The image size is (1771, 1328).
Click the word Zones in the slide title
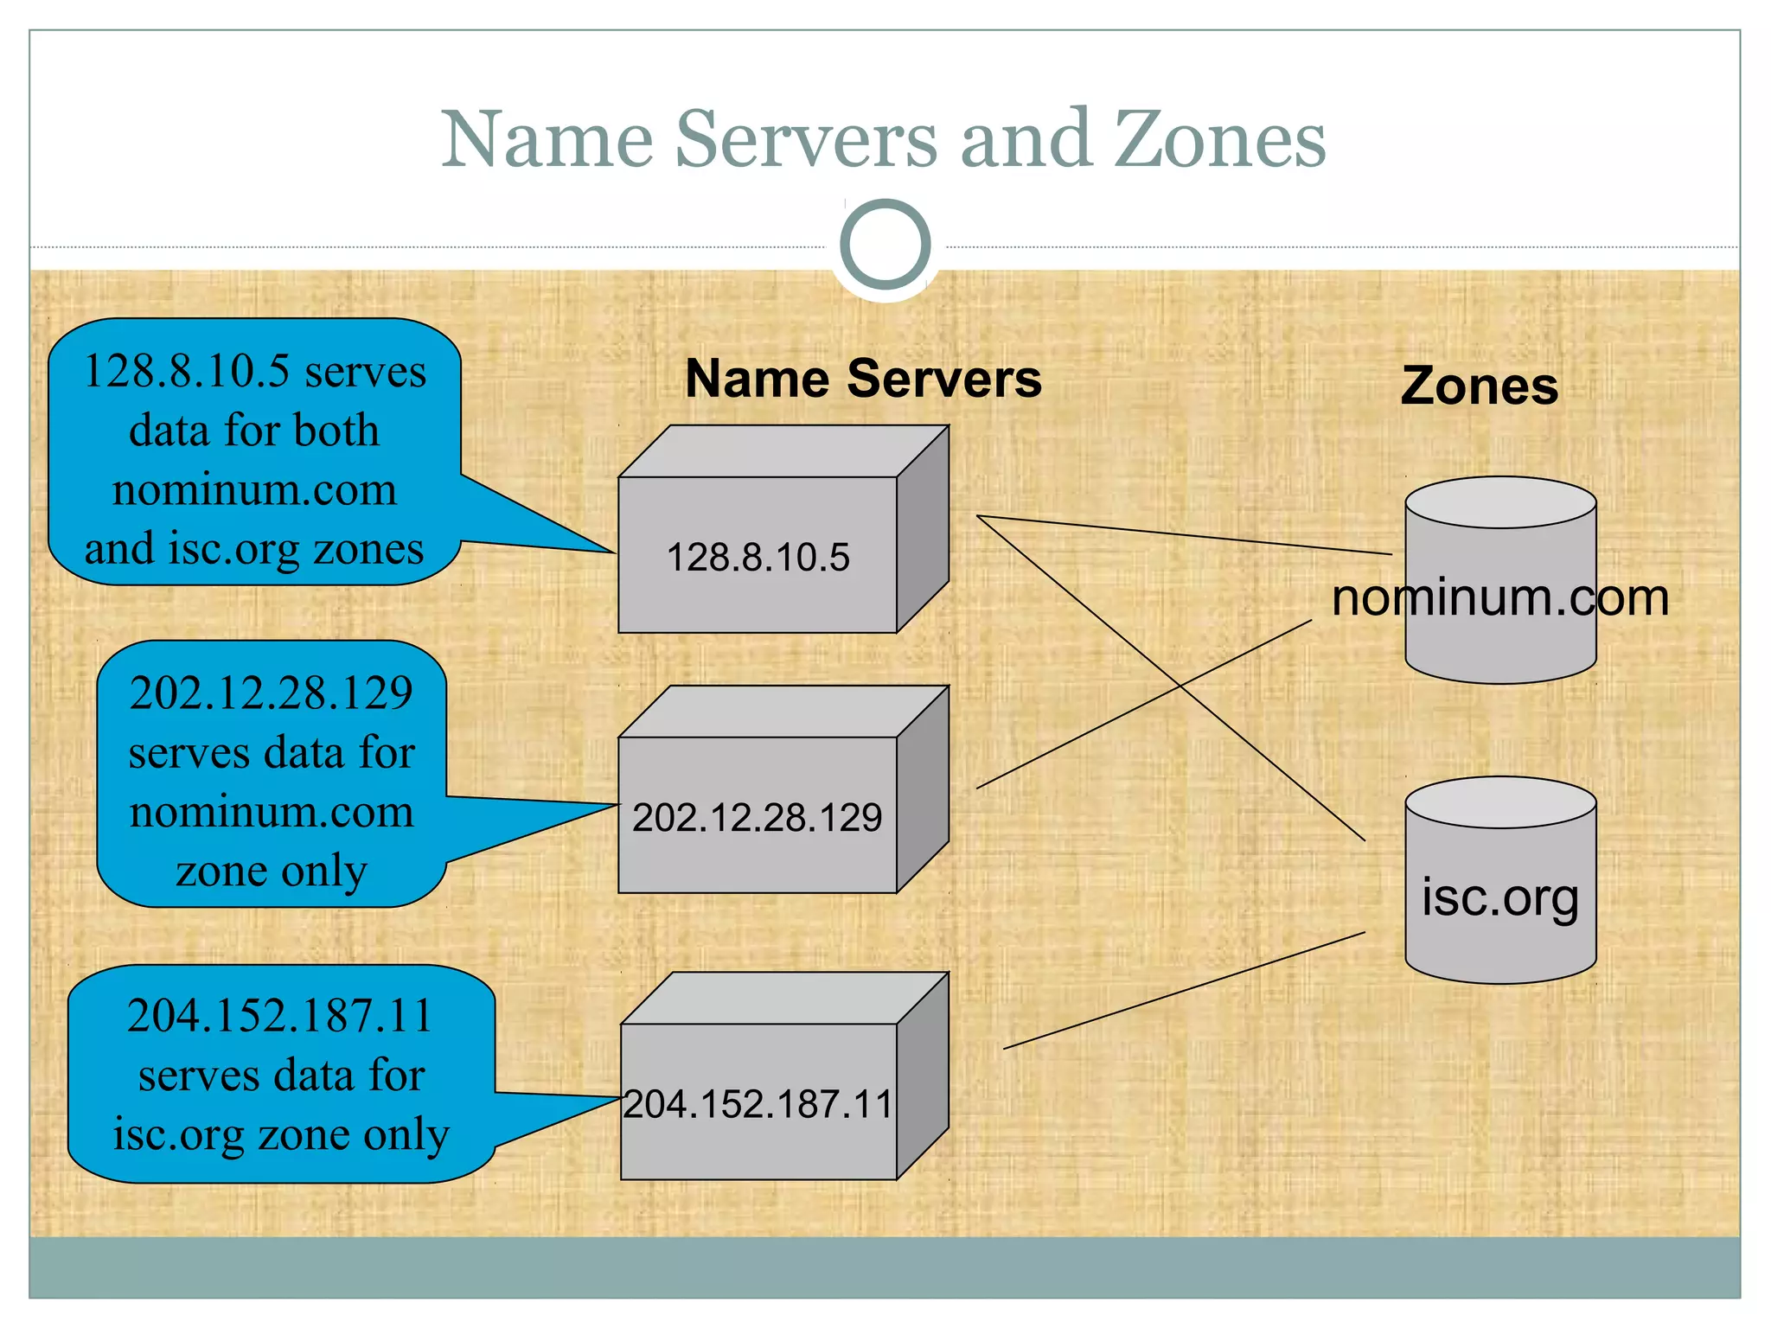click(x=1219, y=140)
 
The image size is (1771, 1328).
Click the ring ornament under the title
click(x=885, y=245)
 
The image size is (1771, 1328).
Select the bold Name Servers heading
click(x=863, y=379)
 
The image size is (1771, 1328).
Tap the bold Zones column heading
click(x=1479, y=386)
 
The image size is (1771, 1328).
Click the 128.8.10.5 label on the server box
click(x=758, y=558)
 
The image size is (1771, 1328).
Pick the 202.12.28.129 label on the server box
click(x=757, y=818)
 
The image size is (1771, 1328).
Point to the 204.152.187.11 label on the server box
click(x=758, y=1104)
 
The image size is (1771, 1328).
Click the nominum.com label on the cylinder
click(x=1499, y=597)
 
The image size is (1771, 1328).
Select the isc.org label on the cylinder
click(x=1499, y=897)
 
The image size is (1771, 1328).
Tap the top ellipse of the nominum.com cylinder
click(x=1500, y=502)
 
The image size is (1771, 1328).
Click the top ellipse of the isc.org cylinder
click(x=1500, y=802)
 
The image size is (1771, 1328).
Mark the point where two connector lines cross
click(x=1180, y=686)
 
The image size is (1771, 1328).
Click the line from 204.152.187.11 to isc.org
click(x=1185, y=991)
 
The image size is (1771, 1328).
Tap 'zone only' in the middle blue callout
click(x=272, y=871)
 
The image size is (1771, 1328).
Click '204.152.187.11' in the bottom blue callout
click(x=279, y=1016)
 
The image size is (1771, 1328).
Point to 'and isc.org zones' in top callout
click(x=254, y=549)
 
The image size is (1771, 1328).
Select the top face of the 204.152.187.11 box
click(x=784, y=999)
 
